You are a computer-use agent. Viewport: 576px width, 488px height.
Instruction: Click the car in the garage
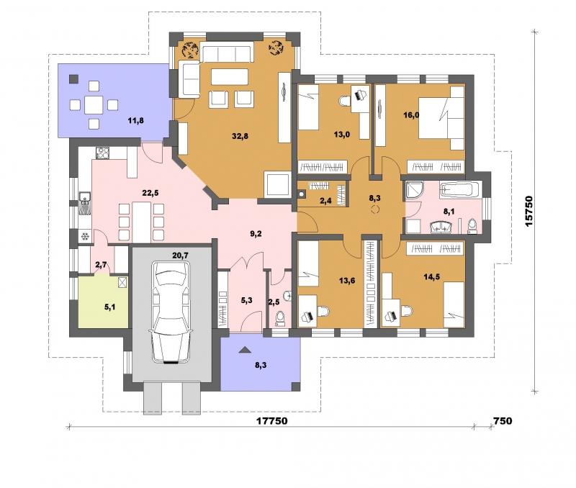click(x=171, y=312)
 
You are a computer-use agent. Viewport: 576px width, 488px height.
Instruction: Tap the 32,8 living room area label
click(x=240, y=136)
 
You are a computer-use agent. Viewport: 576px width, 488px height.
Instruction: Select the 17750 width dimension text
click(x=271, y=421)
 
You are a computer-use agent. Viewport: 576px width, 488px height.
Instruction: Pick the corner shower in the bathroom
click(x=414, y=190)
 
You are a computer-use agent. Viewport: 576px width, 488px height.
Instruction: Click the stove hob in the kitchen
click(x=102, y=153)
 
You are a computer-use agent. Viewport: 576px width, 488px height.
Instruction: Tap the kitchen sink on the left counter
click(x=85, y=204)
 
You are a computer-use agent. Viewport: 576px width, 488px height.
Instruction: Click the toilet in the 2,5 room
click(x=280, y=318)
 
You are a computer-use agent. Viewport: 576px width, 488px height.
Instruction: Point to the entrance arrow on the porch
click(x=243, y=350)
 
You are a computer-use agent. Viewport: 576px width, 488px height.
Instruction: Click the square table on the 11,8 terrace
click(x=94, y=105)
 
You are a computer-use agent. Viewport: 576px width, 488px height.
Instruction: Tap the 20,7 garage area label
click(x=180, y=255)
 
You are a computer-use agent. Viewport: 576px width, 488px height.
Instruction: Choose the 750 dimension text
click(x=502, y=421)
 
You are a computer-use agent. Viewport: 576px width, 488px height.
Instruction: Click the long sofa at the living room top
click(x=227, y=53)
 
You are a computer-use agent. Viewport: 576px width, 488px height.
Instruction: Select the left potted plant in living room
click(x=190, y=50)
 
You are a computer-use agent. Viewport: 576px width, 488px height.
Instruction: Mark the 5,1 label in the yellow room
click(x=110, y=307)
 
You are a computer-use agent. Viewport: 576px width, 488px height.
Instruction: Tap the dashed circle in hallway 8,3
click(x=375, y=210)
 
